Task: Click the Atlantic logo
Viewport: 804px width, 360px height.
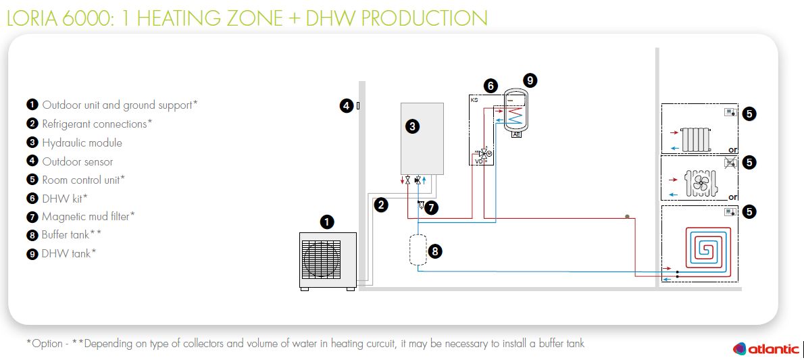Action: [x=766, y=349]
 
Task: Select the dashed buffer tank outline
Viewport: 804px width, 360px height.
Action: [x=418, y=249]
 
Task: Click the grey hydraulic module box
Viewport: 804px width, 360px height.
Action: [x=422, y=138]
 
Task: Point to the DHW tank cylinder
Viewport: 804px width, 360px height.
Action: [x=517, y=112]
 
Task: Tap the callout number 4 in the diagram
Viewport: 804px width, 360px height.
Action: [x=346, y=105]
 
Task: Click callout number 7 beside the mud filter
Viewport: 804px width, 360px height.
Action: [x=432, y=207]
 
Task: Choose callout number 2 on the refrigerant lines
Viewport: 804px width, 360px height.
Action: [x=382, y=205]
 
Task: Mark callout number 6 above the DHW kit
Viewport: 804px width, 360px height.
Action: [x=491, y=86]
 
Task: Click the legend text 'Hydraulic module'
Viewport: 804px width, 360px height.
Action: [x=82, y=143]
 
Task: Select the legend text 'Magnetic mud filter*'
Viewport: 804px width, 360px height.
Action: [x=89, y=217]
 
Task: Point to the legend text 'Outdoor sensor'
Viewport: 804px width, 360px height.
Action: [x=78, y=161]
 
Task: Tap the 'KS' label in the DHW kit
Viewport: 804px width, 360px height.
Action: [x=474, y=99]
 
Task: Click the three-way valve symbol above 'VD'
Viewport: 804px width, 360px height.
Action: [x=484, y=153]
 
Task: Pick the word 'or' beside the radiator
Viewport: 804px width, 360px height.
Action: [x=732, y=149]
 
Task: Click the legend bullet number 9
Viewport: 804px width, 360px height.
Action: [x=32, y=253]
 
